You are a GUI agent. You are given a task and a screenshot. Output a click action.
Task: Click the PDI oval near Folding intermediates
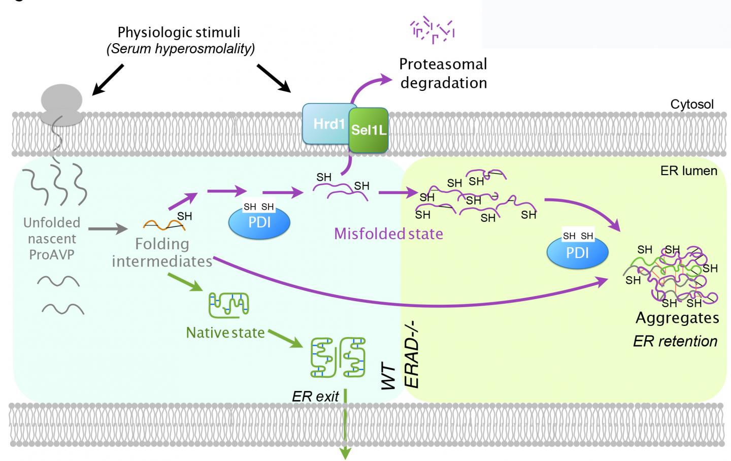tap(259, 221)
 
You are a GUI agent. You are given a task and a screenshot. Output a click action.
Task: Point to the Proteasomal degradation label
tap(443, 73)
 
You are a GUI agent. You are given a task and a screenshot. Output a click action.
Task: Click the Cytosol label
tap(691, 105)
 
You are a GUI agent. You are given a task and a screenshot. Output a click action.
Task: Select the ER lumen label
tap(688, 171)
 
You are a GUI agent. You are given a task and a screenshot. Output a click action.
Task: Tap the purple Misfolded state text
tap(388, 234)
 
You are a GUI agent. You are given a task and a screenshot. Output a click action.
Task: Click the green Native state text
tap(225, 333)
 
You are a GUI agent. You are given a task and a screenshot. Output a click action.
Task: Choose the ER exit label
tap(315, 397)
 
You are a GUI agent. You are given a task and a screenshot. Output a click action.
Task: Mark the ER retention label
tap(675, 341)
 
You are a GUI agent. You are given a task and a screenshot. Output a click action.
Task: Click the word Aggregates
tap(677, 318)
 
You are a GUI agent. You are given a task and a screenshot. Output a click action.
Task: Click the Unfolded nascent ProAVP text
tap(52, 239)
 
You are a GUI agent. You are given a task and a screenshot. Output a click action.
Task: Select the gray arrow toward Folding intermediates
tap(108, 229)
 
